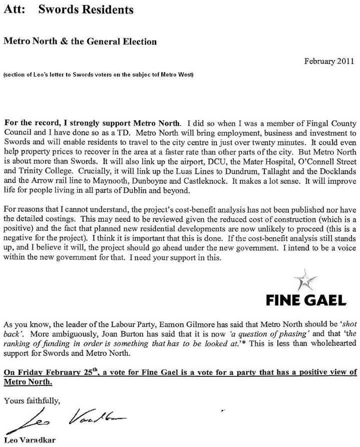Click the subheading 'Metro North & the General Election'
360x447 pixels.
coord(80,42)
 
